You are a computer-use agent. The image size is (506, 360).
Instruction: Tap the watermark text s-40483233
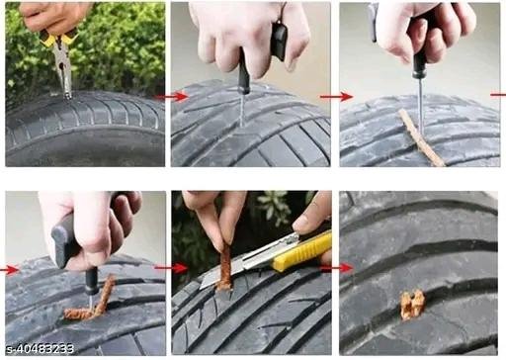click(x=41, y=349)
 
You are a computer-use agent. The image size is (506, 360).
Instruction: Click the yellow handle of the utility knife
click(x=301, y=251)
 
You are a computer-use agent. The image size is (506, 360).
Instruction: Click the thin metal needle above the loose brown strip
click(x=420, y=106)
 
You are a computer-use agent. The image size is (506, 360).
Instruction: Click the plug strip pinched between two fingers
click(x=225, y=268)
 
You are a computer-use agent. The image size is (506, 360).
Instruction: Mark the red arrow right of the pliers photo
click(x=171, y=97)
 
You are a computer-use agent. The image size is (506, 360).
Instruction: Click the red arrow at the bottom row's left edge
click(x=9, y=270)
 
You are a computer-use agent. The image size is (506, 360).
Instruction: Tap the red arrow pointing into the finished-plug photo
click(x=337, y=268)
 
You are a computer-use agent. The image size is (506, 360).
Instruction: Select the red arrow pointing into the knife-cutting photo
click(x=172, y=268)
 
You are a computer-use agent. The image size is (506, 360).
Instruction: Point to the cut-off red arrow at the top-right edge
click(x=498, y=95)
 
